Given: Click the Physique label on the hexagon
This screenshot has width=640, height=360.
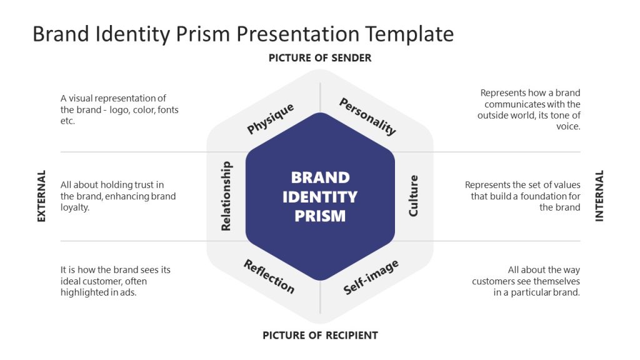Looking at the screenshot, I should (x=270, y=119).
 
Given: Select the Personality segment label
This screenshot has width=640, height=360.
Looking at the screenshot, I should (x=367, y=116).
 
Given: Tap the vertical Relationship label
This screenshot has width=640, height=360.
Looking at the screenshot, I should (x=226, y=196).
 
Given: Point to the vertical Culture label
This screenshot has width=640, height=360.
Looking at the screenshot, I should (x=413, y=196).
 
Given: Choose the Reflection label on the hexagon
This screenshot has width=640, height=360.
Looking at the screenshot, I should (x=269, y=276).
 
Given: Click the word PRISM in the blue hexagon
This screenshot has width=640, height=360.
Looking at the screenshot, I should (x=320, y=216).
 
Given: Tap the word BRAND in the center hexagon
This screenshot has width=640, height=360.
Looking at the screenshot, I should (x=320, y=177).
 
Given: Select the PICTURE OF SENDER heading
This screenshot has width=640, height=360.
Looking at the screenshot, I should (x=320, y=58).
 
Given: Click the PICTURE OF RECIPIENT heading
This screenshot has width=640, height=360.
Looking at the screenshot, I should (x=320, y=335).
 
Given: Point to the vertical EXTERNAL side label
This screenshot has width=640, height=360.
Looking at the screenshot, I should (x=42, y=196).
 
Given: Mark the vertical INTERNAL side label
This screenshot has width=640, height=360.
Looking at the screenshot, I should (x=599, y=196).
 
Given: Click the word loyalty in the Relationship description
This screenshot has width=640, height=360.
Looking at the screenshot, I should (x=76, y=207).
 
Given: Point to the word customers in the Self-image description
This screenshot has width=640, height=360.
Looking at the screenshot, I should (x=493, y=281).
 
